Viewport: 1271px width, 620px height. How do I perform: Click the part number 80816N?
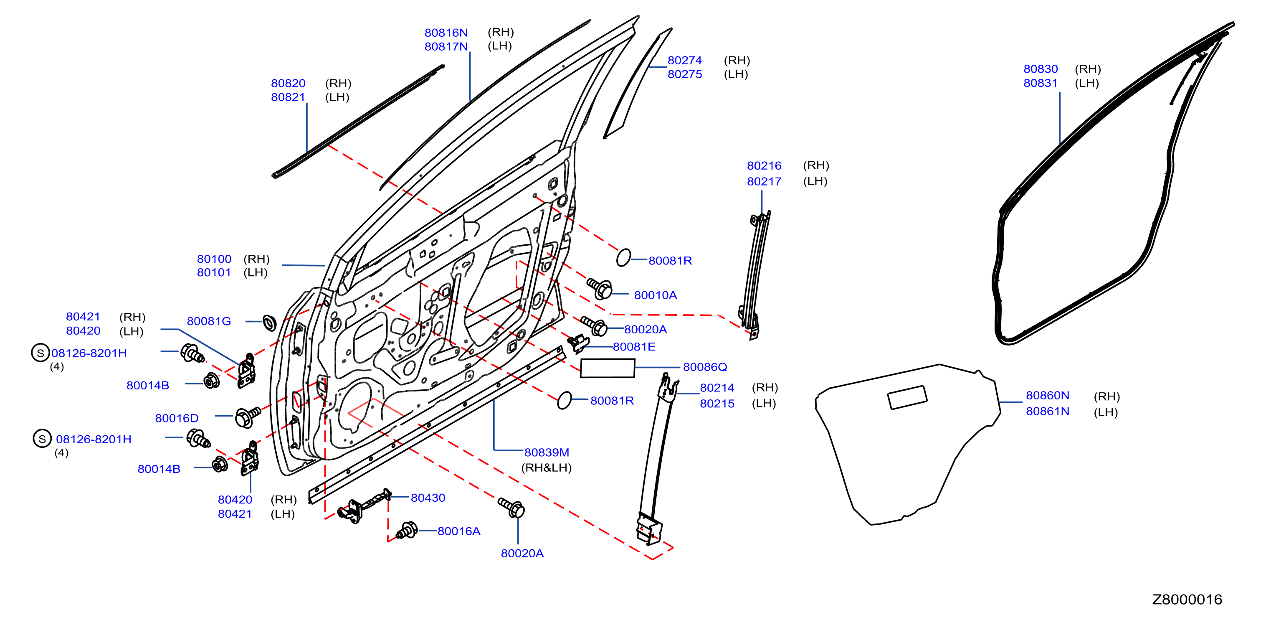click(x=446, y=33)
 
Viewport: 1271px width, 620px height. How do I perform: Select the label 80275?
click(x=685, y=74)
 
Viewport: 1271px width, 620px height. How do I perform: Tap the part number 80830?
click(x=1041, y=69)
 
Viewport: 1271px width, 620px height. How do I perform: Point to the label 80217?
click(x=764, y=181)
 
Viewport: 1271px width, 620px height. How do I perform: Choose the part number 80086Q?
click(x=705, y=367)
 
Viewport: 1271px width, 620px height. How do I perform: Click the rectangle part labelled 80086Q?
click(x=608, y=368)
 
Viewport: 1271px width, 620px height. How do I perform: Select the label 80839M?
click(x=547, y=452)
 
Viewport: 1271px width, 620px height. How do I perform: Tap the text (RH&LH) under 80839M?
click(x=546, y=468)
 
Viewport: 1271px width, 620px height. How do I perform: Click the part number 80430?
click(x=428, y=498)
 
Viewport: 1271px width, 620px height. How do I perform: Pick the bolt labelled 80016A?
click(x=408, y=531)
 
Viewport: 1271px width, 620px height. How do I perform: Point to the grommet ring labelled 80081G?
click(x=269, y=323)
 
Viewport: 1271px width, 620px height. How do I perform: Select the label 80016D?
click(x=177, y=418)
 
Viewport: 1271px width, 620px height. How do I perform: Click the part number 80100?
click(x=214, y=259)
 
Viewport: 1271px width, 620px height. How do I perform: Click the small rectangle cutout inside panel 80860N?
click(x=907, y=397)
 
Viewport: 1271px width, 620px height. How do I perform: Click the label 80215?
click(x=717, y=403)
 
